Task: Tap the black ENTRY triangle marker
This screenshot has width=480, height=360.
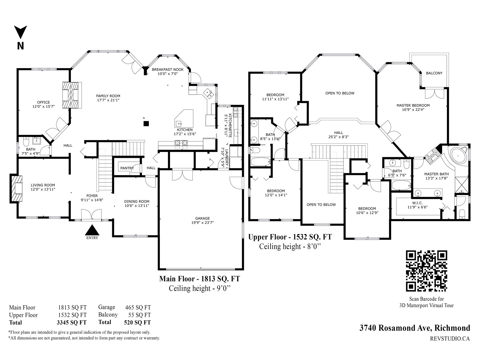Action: click(92, 230)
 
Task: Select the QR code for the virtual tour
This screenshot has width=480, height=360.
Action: click(426, 271)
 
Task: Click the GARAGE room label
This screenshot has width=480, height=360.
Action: click(202, 218)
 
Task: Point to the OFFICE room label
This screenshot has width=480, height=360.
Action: click(43, 102)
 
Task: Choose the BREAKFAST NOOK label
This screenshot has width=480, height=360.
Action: click(168, 70)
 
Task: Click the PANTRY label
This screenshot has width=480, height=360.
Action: click(127, 168)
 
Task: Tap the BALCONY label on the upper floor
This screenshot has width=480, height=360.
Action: click(434, 73)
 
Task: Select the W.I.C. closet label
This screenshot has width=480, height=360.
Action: click(418, 203)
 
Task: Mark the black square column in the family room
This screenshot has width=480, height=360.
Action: click(146, 124)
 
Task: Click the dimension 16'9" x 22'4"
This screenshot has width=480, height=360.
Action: click(413, 109)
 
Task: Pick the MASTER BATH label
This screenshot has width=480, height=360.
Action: click(436, 174)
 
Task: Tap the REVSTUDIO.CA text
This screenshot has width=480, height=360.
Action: click(450, 339)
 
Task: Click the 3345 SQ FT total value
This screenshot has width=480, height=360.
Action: click(72, 322)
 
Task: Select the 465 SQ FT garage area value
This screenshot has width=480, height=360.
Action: click(138, 307)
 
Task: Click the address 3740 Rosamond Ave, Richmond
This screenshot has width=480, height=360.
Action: click(415, 328)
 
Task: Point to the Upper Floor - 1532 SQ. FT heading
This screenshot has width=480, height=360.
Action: click(290, 237)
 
